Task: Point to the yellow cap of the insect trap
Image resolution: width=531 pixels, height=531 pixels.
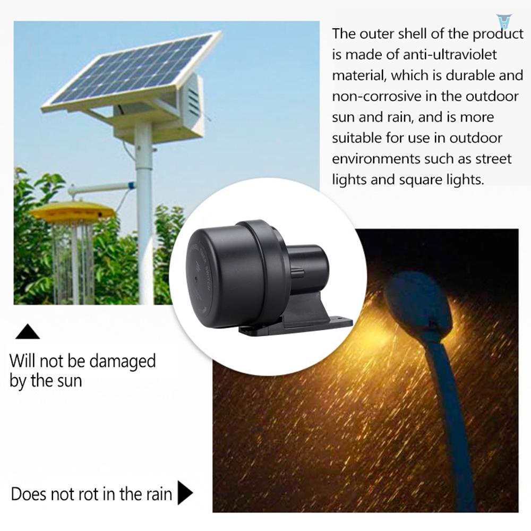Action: tap(72, 211)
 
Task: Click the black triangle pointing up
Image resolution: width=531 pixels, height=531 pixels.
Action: tap(28, 333)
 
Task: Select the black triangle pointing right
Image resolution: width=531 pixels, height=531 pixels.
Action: tap(184, 493)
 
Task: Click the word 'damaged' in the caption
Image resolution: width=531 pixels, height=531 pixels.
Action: tap(122, 361)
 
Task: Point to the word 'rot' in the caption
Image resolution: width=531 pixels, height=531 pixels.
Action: tap(92, 494)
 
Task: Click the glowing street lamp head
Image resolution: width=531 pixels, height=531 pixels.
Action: tap(419, 303)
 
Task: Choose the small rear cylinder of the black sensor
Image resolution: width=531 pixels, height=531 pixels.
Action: tap(308, 260)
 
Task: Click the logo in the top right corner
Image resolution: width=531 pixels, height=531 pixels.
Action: tap(503, 21)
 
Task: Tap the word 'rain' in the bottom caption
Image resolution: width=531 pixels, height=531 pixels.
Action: tap(158, 494)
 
